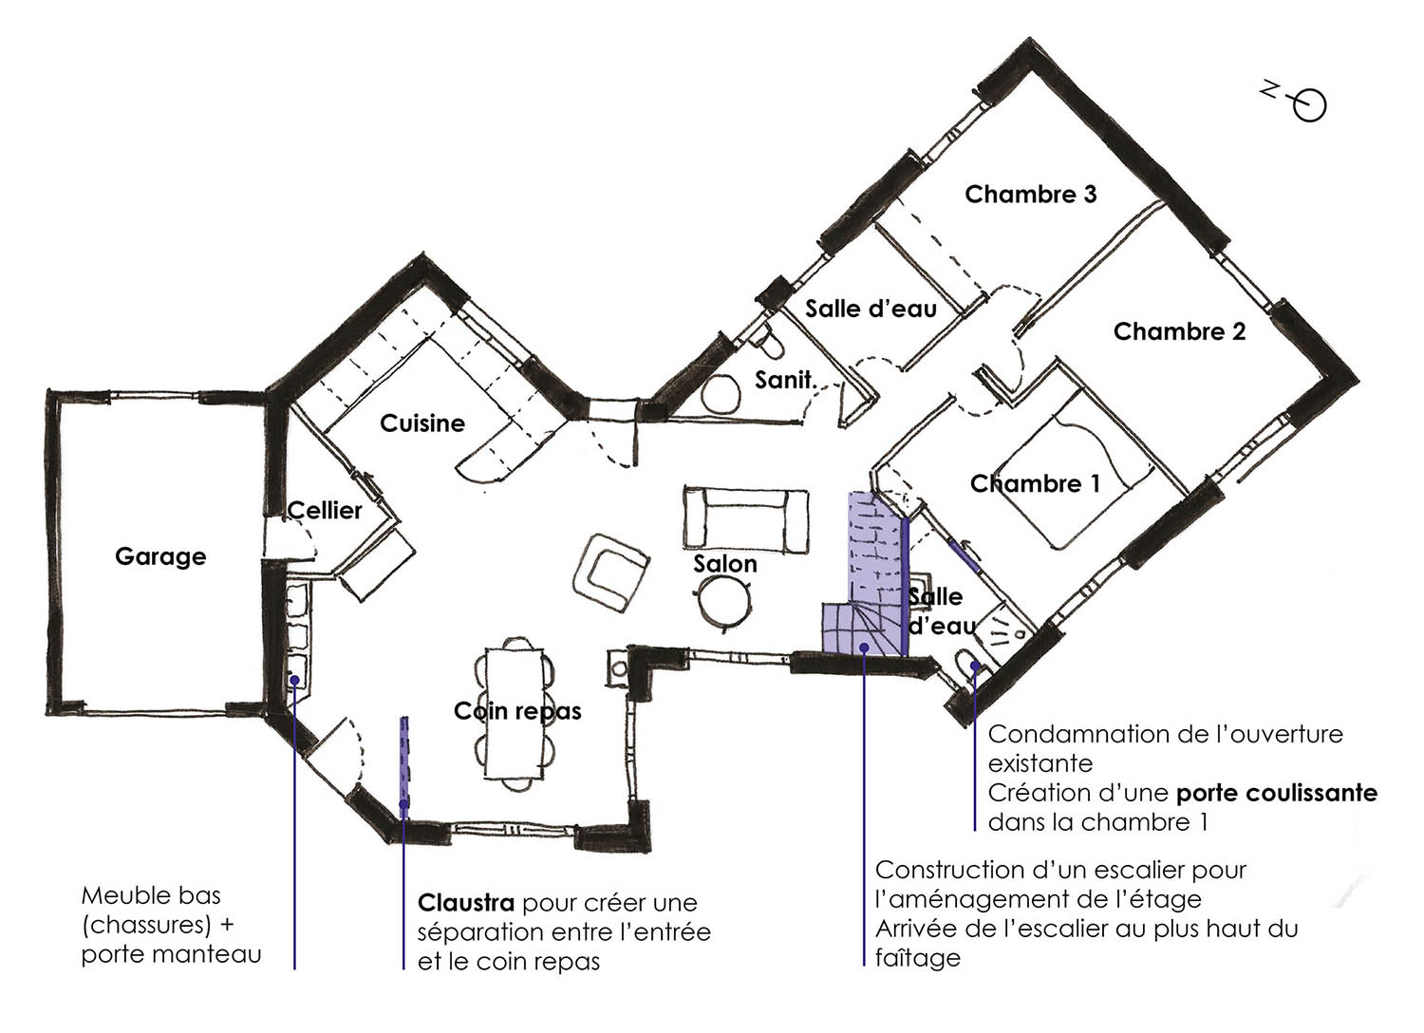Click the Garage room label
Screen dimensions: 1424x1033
160,557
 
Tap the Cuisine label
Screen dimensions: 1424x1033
422,423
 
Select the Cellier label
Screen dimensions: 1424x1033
325,511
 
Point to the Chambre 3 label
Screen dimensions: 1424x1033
1030,195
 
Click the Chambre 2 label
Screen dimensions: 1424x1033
1179,331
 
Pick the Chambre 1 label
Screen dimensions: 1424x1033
1035,484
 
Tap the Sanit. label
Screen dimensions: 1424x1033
786,380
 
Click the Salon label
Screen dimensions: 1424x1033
724,564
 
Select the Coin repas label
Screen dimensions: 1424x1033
517,711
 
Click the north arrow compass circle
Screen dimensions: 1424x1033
1309,105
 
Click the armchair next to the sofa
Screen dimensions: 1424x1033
610,573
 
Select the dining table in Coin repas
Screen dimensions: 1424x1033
515,713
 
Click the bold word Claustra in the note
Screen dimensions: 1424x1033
466,903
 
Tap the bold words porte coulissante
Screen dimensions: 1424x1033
1277,794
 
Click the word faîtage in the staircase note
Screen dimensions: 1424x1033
917,958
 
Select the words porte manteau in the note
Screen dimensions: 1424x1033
172,955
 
